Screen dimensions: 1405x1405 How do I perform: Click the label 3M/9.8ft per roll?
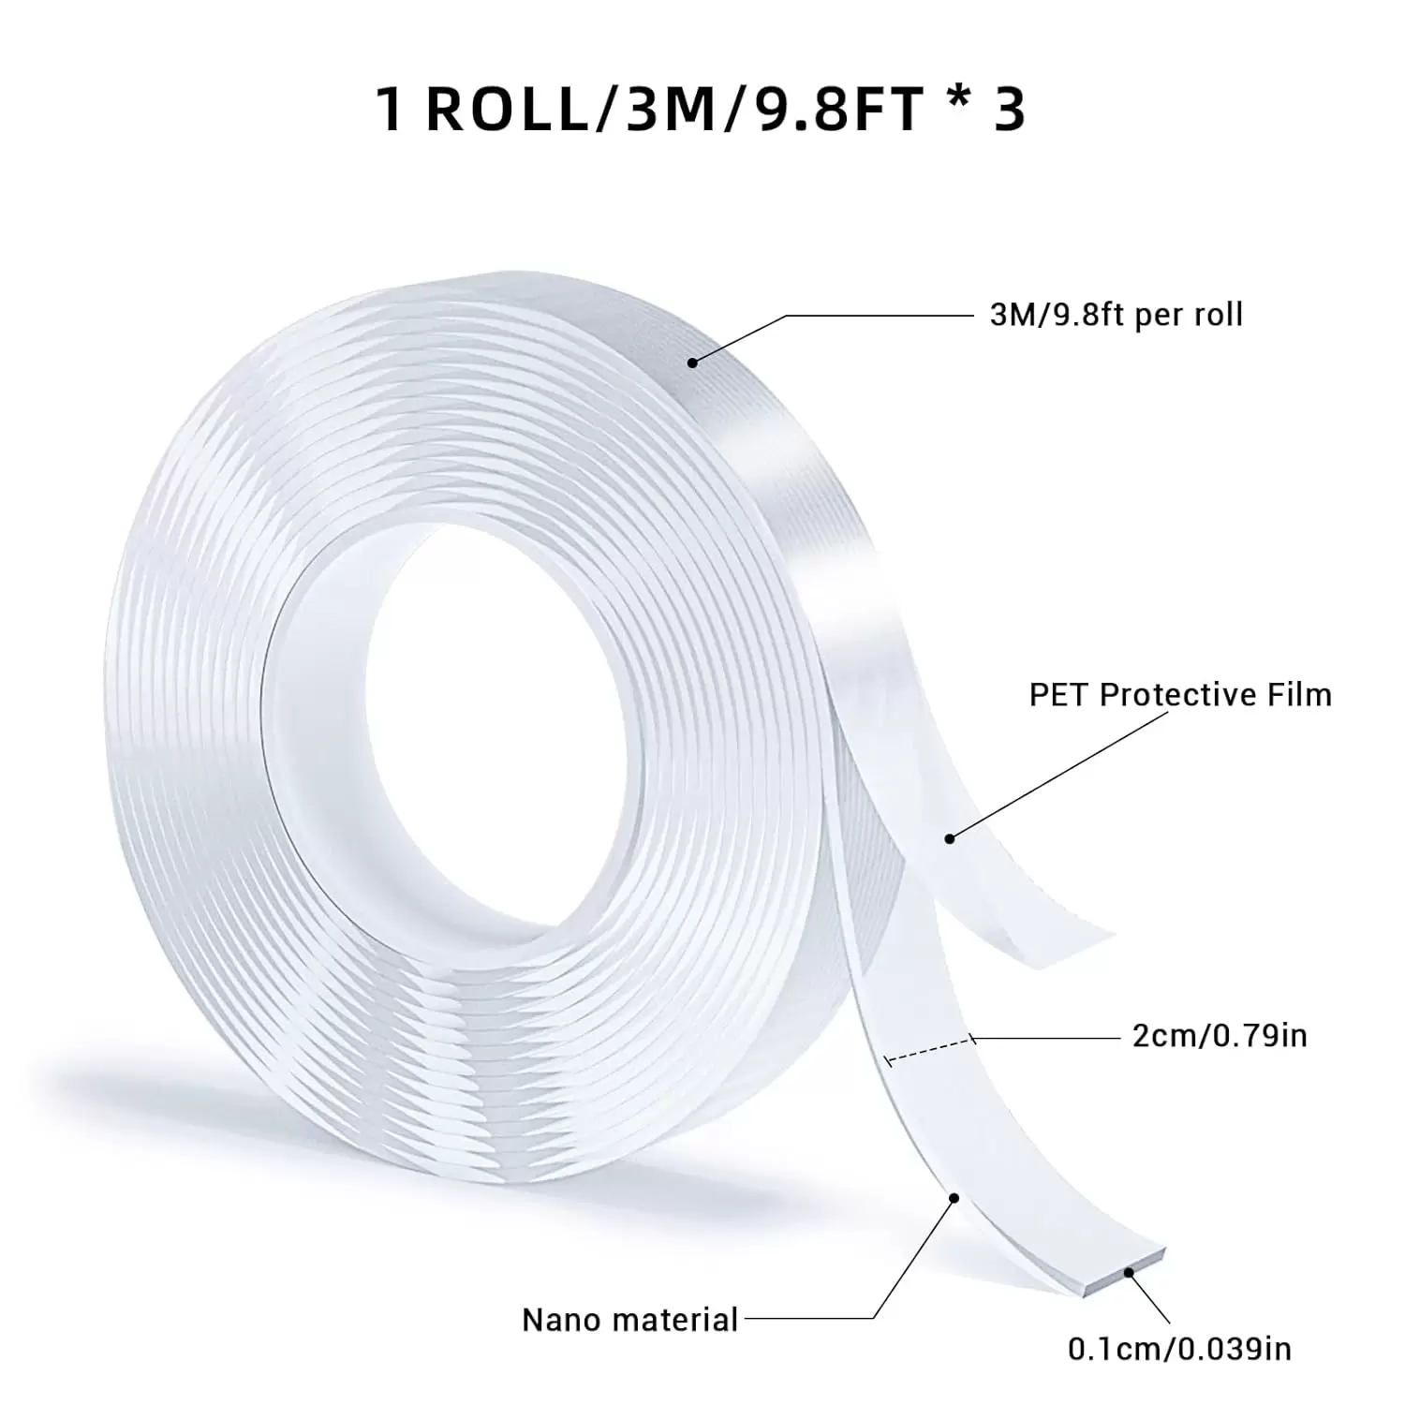point(1116,316)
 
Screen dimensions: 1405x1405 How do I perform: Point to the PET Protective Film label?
point(1180,695)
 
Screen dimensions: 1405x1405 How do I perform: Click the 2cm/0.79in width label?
point(1220,1037)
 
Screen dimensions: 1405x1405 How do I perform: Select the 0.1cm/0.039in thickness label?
point(1179,1349)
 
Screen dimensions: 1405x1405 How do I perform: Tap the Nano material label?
point(630,1320)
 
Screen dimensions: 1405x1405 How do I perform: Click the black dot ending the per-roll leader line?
point(692,362)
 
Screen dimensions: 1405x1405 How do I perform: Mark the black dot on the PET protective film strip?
point(950,838)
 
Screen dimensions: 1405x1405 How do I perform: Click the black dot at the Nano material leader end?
point(954,1198)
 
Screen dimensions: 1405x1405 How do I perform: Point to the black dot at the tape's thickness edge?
point(1130,1271)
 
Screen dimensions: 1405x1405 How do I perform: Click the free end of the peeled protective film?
point(1091,932)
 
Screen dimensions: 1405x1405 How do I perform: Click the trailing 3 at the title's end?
point(1008,110)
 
